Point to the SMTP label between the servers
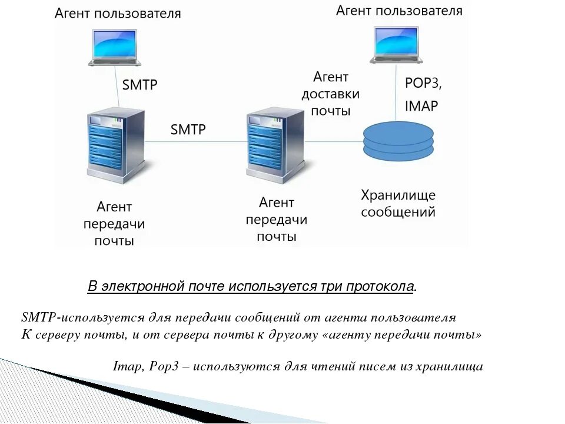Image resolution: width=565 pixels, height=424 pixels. pyautogui.click(x=188, y=130)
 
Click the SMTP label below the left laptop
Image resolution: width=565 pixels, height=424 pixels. pyautogui.click(x=140, y=85)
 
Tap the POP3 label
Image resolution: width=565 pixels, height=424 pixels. pyautogui.click(x=423, y=83)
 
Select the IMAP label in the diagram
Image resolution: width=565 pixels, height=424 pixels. pyautogui.click(x=421, y=106)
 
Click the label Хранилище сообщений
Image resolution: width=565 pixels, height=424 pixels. pyautogui.click(x=398, y=203)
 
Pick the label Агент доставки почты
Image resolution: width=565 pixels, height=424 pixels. pyautogui.click(x=330, y=94)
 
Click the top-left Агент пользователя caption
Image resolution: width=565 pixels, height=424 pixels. pyautogui.click(x=118, y=14)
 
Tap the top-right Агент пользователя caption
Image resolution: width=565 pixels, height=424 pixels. pyautogui.click(x=399, y=11)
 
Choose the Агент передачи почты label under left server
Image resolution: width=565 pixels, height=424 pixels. pyautogui.click(x=114, y=224)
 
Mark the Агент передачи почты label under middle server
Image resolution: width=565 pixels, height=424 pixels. pyautogui.click(x=276, y=220)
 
